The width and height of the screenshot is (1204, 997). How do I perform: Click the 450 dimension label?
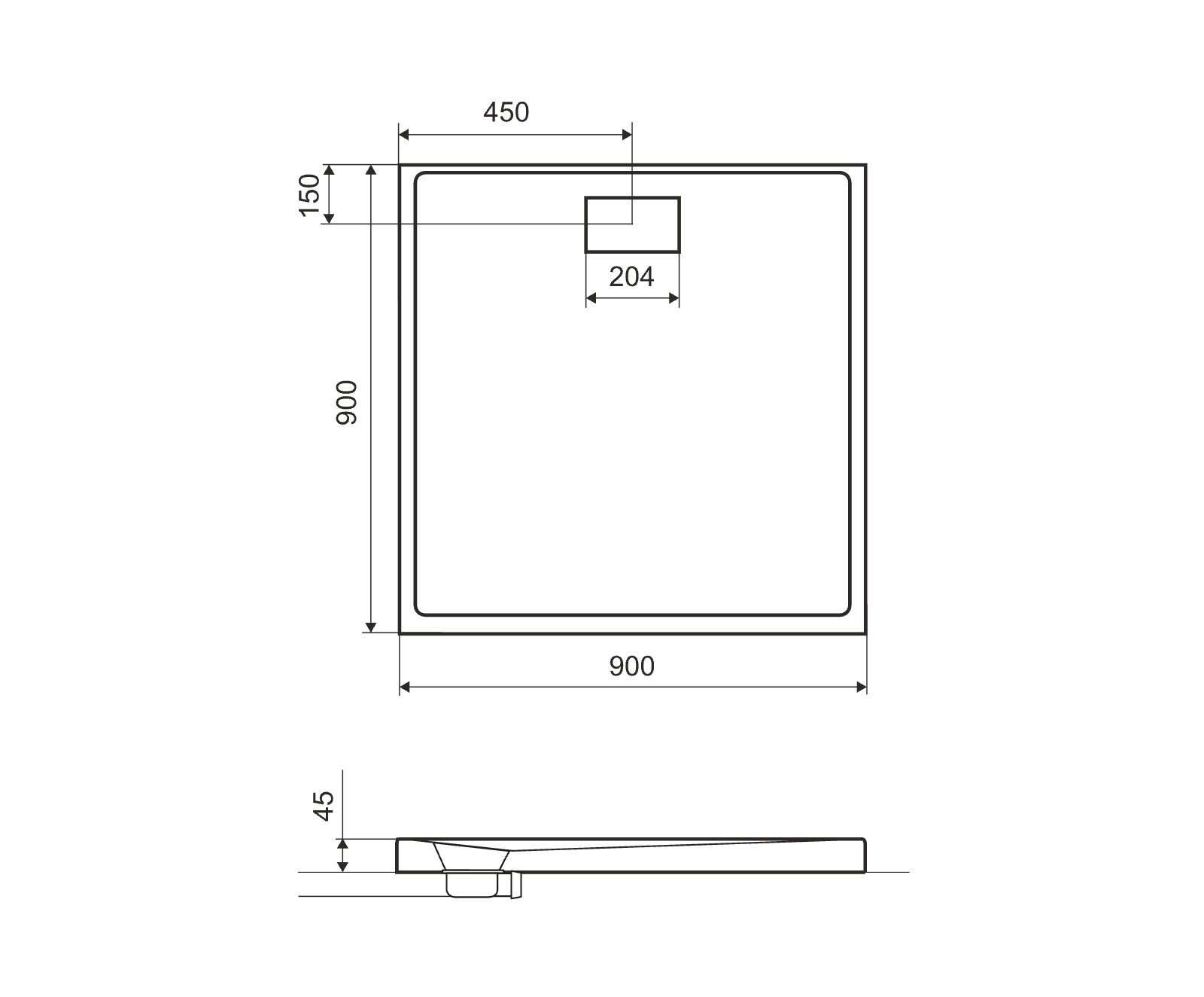[x=506, y=112]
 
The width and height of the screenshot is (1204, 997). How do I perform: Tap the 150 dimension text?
[x=310, y=194]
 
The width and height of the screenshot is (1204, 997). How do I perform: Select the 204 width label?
[x=631, y=277]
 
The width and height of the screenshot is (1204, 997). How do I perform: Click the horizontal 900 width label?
[x=632, y=666]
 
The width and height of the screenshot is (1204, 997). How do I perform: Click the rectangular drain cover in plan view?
[x=633, y=224]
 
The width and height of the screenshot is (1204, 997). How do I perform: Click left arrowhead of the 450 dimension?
[x=404, y=135]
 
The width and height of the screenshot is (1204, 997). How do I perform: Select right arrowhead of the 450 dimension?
[x=627, y=135]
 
